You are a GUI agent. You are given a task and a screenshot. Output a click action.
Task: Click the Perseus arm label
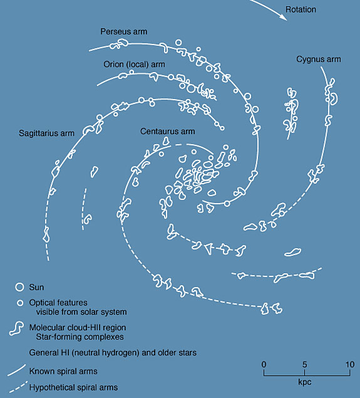pyautogui.click(x=124, y=31)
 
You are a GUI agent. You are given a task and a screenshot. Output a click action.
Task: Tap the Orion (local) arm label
pyautogui.click(x=134, y=64)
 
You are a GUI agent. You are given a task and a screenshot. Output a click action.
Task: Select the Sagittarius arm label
pyautogui.click(x=47, y=134)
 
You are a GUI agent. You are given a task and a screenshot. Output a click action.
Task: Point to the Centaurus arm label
pyautogui.click(x=168, y=131)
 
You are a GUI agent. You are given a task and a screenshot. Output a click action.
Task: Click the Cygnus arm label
pyautogui.click(x=319, y=60)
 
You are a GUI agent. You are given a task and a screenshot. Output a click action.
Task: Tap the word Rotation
pyautogui.click(x=301, y=9)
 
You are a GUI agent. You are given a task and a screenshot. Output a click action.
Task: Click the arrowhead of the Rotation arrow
pyautogui.click(x=284, y=17)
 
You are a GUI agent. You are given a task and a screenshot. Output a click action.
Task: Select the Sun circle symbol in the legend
pyautogui.click(x=19, y=287)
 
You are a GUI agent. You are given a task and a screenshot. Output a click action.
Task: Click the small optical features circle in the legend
pyautogui.click(x=20, y=303)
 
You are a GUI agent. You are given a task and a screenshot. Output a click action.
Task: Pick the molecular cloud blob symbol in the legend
pyautogui.click(x=17, y=328)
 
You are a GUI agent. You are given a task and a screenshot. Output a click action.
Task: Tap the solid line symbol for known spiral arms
pyautogui.click(x=17, y=370)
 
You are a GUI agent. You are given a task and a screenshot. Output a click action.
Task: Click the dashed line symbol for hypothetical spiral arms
pyautogui.click(x=18, y=387)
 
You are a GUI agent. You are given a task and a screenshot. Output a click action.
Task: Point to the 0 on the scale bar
pyautogui.click(x=264, y=365)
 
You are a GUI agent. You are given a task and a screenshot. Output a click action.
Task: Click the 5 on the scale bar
pyautogui.click(x=304, y=365)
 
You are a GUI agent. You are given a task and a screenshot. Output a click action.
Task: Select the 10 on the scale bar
pyautogui.click(x=350, y=365)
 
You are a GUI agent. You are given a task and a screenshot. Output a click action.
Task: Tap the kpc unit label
pyautogui.click(x=304, y=382)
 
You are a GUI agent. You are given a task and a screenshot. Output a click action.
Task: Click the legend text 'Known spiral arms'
pyautogui.click(x=63, y=371)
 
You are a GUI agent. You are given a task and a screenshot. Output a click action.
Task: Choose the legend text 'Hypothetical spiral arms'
pyautogui.click(x=73, y=387)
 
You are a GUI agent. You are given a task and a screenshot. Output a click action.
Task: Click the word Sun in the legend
pyautogui.click(x=36, y=287)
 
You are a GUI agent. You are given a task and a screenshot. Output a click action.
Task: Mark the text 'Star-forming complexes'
pyautogui.click(x=80, y=337)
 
